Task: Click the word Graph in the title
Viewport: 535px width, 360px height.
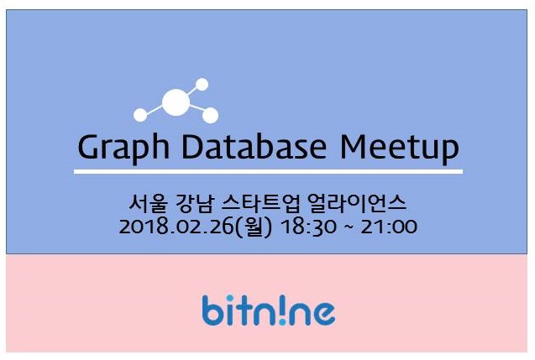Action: click(123, 149)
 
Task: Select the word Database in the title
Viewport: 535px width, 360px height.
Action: click(254, 147)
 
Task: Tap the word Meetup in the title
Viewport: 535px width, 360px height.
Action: click(400, 149)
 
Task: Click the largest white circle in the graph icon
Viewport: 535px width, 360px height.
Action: click(176, 102)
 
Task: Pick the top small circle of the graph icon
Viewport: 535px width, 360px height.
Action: click(202, 84)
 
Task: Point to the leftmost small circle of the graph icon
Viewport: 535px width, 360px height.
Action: click(140, 114)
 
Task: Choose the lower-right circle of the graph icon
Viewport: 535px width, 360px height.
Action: click(210, 115)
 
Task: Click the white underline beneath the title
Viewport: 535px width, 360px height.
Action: click(268, 171)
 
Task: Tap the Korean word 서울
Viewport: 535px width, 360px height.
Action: click(149, 203)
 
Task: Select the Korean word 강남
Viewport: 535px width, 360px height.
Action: click(193, 203)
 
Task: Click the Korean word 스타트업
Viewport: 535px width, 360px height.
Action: click(260, 203)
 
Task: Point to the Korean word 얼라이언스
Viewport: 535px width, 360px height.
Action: click(357, 203)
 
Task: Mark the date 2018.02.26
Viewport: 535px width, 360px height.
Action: click(176, 227)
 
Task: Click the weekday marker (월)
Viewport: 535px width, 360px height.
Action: click(254, 227)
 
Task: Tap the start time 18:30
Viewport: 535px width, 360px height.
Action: click(307, 227)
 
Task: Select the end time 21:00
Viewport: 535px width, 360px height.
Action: click(389, 227)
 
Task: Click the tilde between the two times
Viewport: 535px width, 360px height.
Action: click(349, 227)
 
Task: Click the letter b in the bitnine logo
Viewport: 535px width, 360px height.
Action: click(213, 310)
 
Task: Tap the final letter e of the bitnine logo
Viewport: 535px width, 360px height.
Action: click(323, 314)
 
